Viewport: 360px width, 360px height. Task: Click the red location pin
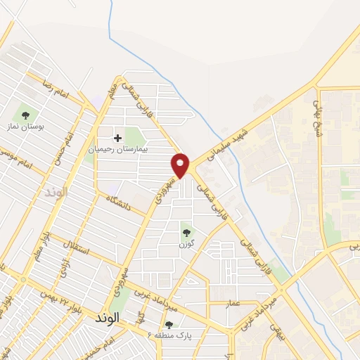click(x=181, y=165)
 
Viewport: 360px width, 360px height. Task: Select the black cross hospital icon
click(x=118, y=137)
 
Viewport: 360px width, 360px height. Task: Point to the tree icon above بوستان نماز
click(x=25, y=115)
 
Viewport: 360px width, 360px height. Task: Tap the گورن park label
click(x=186, y=244)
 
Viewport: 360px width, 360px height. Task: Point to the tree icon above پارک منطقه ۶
click(x=169, y=325)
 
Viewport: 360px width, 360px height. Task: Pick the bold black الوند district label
click(x=105, y=318)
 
